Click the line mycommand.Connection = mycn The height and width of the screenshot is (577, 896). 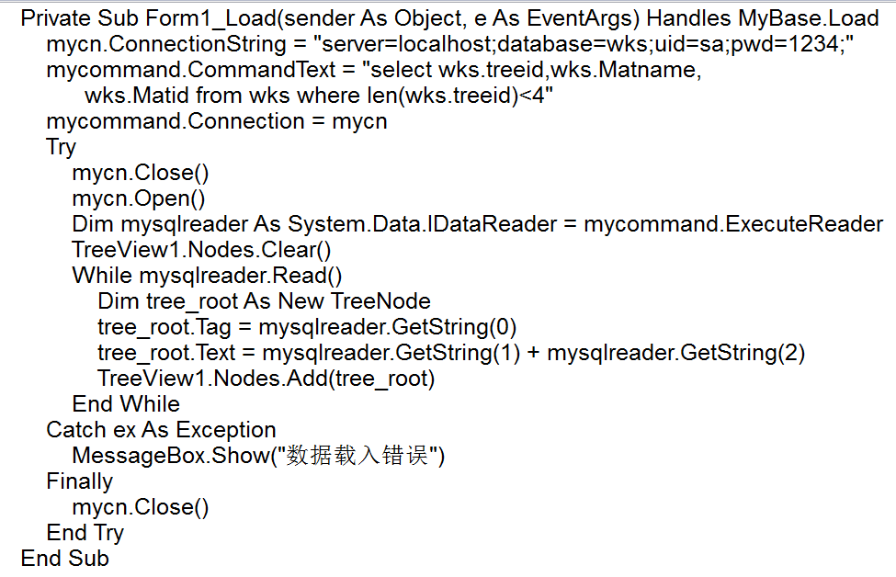[x=217, y=121]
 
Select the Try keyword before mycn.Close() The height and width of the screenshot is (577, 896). [x=61, y=147]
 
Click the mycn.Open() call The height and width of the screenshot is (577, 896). [x=139, y=198]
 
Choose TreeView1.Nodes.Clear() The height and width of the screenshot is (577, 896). [x=201, y=250]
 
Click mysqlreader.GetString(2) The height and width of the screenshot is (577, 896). [x=675, y=353]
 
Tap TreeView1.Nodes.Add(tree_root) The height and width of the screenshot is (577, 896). [x=266, y=379]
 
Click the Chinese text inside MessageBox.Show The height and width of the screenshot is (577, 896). [x=357, y=456]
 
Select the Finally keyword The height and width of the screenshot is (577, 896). [x=79, y=481]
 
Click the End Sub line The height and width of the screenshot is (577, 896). [x=64, y=559]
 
